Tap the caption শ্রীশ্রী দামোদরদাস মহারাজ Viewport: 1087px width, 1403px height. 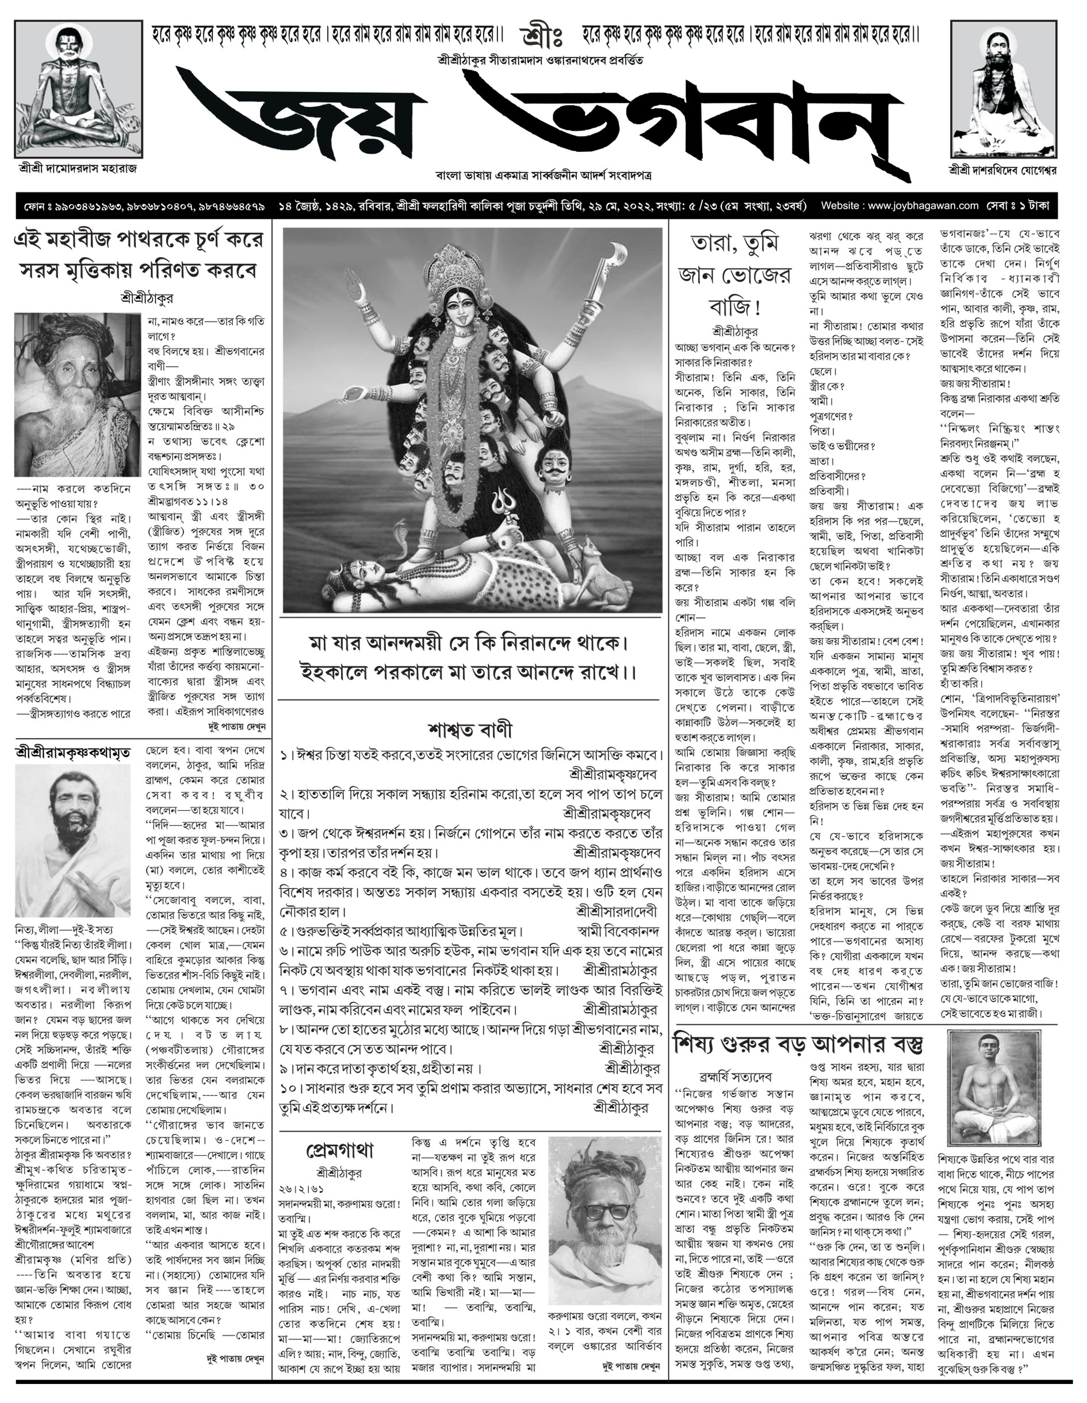tap(78, 168)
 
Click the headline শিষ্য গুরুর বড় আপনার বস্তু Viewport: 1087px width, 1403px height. tap(798, 1045)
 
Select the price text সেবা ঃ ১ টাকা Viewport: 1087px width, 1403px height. tap(1023, 206)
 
